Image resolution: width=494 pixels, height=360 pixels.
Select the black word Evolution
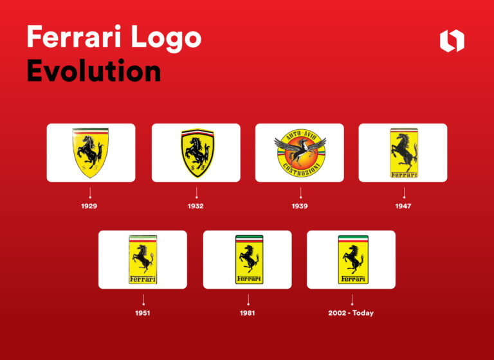(x=93, y=71)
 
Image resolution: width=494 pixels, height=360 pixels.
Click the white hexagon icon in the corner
(x=452, y=40)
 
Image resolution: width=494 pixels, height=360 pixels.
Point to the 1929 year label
(x=89, y=206)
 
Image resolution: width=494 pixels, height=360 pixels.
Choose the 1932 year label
(x=196, y=206)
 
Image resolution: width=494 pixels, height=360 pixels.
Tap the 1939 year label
(x=300, y=206)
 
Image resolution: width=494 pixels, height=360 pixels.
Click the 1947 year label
(x=403, y=206)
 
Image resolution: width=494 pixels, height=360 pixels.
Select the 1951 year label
(x=143, y=313)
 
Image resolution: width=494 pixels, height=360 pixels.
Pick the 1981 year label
(x=248, y=313)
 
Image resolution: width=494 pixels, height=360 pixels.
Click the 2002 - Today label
(x=351, y=313)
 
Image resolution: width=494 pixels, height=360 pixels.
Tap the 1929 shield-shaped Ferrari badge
(x=91, y=152)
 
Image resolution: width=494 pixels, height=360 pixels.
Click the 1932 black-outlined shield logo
(x=196, y=152)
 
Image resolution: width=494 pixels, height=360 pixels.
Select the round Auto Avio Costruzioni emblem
(x=300, y=153)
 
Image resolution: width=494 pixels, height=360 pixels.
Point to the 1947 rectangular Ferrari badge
(x=403, y=152)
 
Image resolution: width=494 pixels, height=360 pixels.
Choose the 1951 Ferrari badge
(x=143, y=259)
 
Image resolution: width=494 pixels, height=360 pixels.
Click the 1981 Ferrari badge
(x=248, y=259)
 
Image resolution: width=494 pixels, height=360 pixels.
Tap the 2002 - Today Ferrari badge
(x=351, y=259)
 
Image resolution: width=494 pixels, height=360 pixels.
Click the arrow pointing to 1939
(x=300, y=192)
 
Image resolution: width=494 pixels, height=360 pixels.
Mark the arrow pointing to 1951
(x=143, y=299)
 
